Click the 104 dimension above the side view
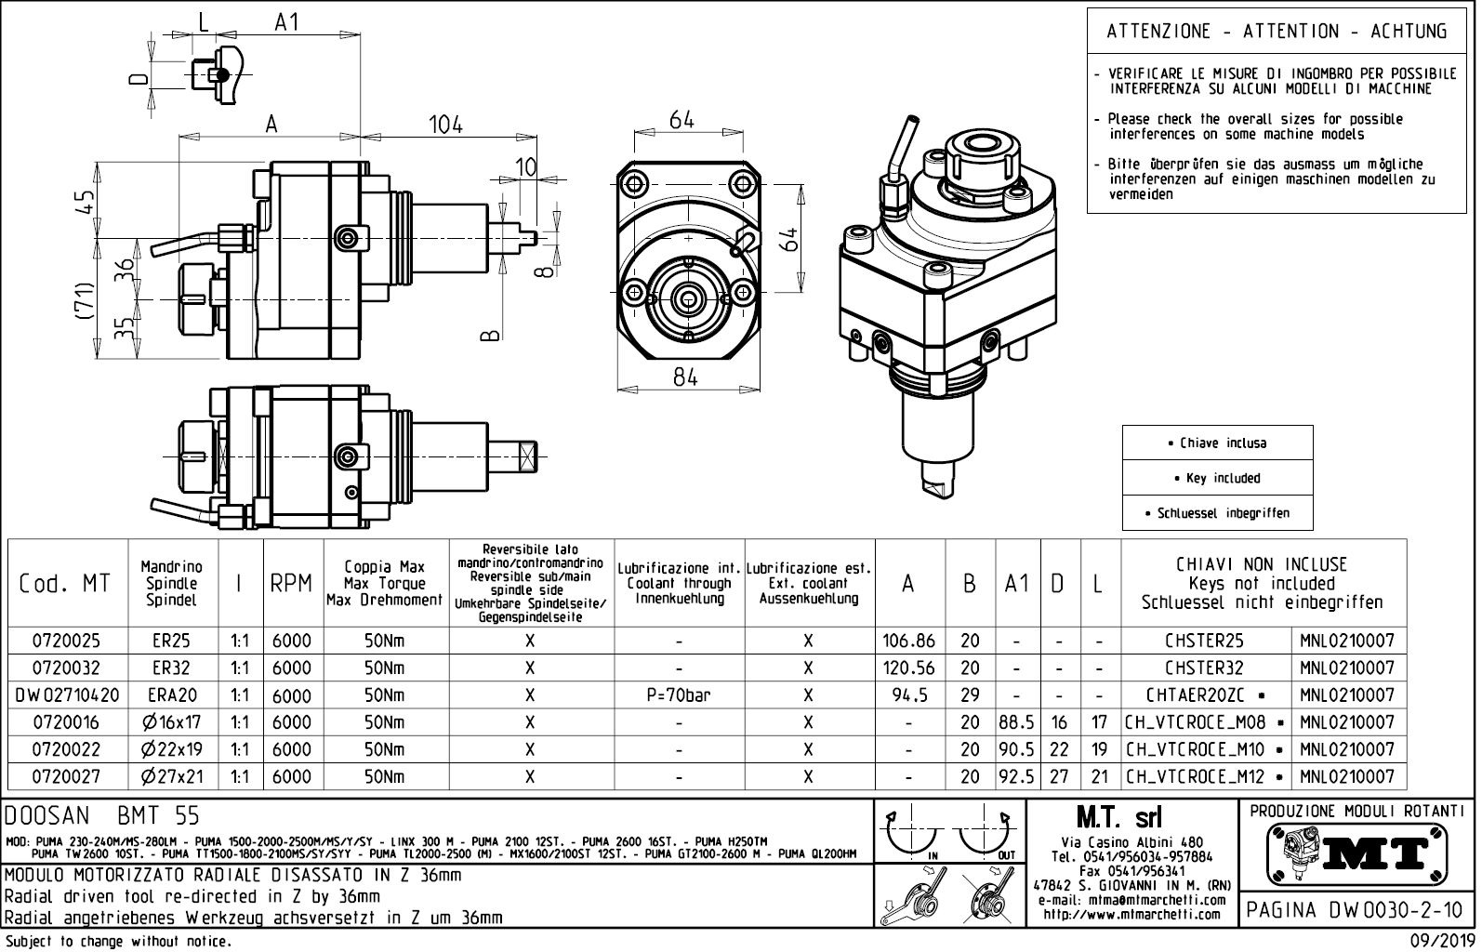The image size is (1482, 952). pyautogui.click(x=445, y=124)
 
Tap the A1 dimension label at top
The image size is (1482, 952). pyautogui.click(x=287, y=22)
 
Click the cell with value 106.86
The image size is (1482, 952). pyautogui.click(x=908, y=641)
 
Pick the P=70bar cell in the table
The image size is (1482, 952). pyautogui.click(x=679, y=694)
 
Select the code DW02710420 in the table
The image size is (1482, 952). pyautogui.click(x=68, y=694)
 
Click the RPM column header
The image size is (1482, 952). pyautogui.click(x=291, y=584)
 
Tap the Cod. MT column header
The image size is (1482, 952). pyautogui.click(x=65, y=584)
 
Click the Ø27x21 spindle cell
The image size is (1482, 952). pyautogui.click(x=173, y=776)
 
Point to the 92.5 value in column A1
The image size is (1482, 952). pyautogui.click(x=1018, y=776)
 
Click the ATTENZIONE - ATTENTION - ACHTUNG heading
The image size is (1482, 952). pyautogui.click(x=1277, y=32)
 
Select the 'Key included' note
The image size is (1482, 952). pyautogui.click(x=1217, y=478)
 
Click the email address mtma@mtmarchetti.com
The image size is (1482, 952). pyautogui.click(x=1131, y=900)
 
